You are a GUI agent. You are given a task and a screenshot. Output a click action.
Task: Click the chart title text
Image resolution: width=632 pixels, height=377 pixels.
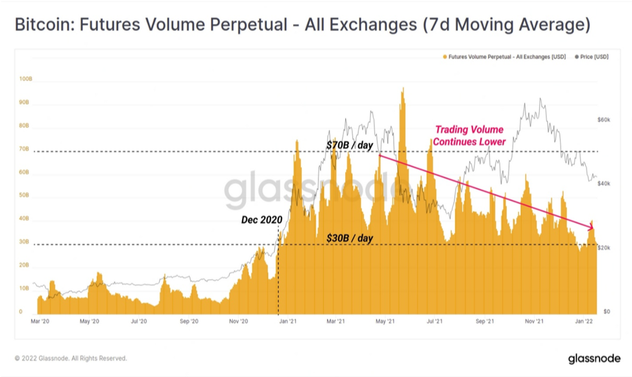(x=303, y=25)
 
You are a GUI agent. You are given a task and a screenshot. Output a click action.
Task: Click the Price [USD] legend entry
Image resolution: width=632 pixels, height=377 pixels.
(x=592, y=57)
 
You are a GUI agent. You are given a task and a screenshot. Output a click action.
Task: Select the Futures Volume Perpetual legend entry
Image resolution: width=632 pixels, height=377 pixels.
(x=504, y=57)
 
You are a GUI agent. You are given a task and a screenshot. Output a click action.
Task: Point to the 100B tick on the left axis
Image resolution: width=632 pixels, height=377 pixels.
(x=26, y=79)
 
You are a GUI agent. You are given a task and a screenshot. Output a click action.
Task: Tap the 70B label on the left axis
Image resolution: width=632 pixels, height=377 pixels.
(x=24, y=149)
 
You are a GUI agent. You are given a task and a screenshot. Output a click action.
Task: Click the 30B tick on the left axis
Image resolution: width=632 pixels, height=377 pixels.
(x=24, y=241)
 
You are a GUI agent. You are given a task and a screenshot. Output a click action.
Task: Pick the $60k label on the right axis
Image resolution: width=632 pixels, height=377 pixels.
(x=604, y=120)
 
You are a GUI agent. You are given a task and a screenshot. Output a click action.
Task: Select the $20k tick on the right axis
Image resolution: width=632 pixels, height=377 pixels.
(x=604, y=248)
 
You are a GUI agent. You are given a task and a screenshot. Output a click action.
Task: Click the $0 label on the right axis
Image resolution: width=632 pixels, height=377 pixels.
(x=607, y=311)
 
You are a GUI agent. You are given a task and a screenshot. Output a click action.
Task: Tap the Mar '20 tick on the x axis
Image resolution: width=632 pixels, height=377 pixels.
(x=40, y=321)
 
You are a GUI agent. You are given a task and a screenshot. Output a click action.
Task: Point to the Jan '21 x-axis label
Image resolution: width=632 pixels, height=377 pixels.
(x=288, y=321)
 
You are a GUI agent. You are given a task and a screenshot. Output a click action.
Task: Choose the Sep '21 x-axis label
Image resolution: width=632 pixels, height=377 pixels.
(x=485, y=321)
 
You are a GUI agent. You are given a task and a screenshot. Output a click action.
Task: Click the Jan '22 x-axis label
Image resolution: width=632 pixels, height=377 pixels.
(x=584, y=321)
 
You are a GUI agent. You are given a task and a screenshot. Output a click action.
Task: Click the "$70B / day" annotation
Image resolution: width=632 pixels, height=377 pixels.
(x=350, y=145)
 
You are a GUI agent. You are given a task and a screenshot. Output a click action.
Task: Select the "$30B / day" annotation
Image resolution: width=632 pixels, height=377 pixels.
(x=350, y=238)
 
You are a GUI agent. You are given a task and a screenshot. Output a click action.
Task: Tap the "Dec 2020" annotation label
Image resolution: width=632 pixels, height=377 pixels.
(x=261, y=220)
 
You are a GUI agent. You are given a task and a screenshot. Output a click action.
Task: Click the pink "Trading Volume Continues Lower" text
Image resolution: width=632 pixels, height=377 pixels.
(x=469, y=136)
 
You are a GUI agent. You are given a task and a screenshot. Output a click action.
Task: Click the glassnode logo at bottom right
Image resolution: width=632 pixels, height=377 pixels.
(x=594, y=358)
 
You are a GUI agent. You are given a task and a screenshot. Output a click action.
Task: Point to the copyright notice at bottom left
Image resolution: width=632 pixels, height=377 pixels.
(x=71, y=358)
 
